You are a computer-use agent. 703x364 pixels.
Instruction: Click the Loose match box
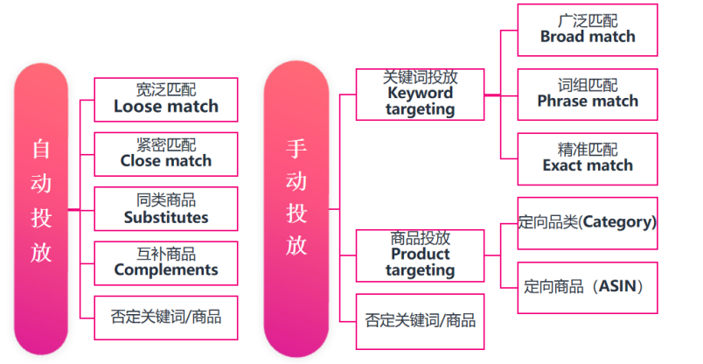165,99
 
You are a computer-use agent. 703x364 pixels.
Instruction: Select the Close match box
165,153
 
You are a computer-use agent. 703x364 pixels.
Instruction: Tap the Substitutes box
165,208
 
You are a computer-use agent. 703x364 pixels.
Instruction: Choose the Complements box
165,262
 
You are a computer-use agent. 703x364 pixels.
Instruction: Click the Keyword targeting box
420,94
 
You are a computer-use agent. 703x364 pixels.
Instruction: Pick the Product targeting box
420,255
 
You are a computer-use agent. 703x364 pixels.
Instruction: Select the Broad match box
587,30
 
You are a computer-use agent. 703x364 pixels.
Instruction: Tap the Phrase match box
587,94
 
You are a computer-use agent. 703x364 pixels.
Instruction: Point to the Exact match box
587,157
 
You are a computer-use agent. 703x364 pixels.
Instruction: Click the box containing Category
587,222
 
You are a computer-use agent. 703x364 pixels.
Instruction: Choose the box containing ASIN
587,286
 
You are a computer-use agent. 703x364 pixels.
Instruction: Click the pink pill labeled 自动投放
41,210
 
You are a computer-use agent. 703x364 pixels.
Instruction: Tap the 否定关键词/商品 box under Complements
165,316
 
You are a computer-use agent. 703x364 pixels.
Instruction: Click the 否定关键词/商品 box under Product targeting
420,319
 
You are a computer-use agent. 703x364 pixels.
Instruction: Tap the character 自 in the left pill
41,149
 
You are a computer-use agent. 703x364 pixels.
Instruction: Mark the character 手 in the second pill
296,149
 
